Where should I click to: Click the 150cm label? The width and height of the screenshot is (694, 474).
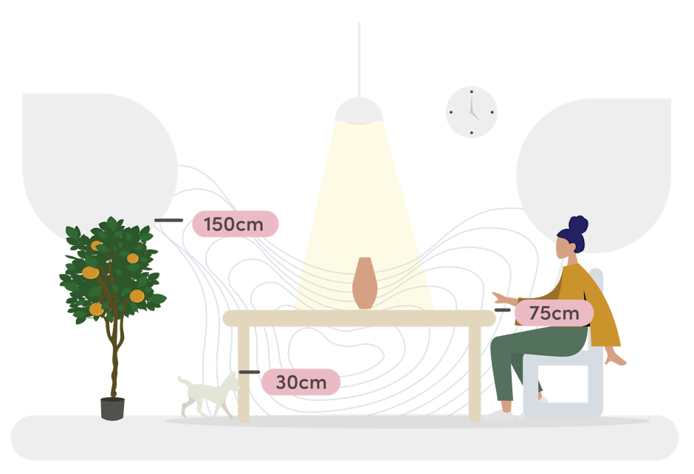[x=235, y=224]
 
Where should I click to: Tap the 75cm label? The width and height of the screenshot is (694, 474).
[x=554, y=313]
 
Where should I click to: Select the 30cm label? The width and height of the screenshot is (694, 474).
[x=300, y=382]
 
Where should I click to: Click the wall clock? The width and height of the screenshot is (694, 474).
[x=471, y=112]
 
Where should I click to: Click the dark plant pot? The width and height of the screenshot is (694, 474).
[x=112, y=408]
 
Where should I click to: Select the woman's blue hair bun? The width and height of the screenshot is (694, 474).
[x=578, y=224]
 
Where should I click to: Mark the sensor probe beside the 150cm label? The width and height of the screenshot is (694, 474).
[x=169, y=220]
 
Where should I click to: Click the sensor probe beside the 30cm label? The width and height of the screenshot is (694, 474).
[x=249, y=372]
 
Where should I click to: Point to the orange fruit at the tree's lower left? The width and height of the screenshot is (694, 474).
[x=96, y=309]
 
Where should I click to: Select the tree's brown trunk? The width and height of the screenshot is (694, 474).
[x=114, y=362]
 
